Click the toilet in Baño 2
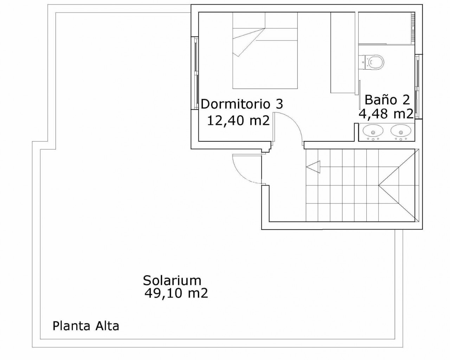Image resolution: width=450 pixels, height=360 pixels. point(371,62)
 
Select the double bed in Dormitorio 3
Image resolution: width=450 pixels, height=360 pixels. point(265,50)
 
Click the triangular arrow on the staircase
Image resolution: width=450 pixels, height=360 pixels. point(313,167)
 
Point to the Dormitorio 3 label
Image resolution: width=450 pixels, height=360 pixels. point(242,104)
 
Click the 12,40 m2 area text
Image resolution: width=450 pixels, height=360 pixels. point(238,121)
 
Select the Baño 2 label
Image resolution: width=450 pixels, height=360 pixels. point(387,99)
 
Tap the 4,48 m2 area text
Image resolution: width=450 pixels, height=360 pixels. point(386,114)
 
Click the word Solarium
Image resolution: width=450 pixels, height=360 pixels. point(172,281)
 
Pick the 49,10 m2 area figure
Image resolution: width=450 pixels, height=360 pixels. point(176,294)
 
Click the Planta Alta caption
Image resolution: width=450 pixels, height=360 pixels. point(86,326)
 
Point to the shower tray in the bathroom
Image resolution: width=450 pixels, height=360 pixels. point(386,28)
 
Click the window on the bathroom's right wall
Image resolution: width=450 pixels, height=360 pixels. point(418,86)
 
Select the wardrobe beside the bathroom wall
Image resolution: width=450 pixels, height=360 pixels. point(343,52)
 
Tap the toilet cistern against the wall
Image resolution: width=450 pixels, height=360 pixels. point(361,62)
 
